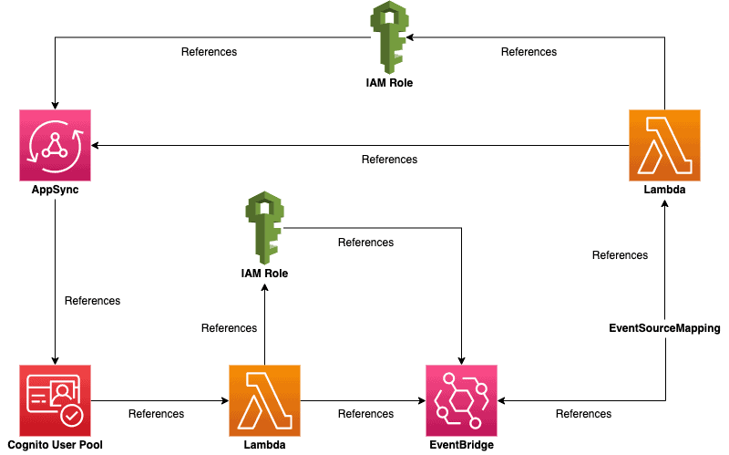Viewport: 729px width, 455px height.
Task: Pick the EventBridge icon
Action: (x=461, y=399)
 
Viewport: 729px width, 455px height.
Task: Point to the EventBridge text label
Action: (x=461, y=446)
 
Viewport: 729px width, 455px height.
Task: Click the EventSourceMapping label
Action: (x=664, y=327)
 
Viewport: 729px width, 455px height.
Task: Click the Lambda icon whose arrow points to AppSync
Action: (x=664, y=145)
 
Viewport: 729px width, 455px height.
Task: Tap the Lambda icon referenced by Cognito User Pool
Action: (x=264, y=399)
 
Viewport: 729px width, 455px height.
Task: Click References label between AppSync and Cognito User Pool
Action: (x=92, y=300)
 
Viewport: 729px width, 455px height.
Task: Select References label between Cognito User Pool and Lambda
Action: (x=156, y=414)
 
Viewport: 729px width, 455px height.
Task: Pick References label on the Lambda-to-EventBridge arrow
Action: (x=365, y=414)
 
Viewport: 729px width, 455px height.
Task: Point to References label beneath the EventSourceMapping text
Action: (x=583, y=414)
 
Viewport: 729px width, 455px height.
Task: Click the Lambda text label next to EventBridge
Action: (x=264, y=446)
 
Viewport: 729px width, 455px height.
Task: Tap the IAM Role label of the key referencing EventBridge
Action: (x=264, y=273)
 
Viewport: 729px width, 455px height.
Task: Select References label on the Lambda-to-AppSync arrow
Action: (x=389, y=160)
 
